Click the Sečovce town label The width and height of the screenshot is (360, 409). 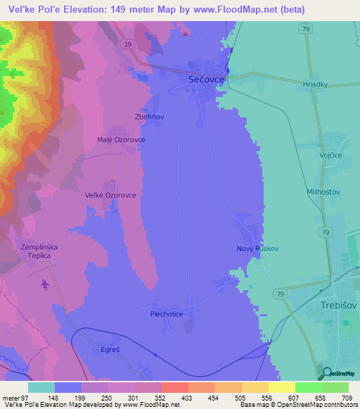point(207,81)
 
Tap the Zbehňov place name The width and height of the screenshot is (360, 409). point(149,117)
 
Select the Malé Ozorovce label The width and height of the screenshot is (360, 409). point(121,140)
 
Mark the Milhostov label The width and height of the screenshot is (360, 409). point(304,190)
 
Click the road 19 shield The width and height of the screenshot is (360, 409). point(127,44)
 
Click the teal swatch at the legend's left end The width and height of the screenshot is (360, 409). point(41,387)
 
